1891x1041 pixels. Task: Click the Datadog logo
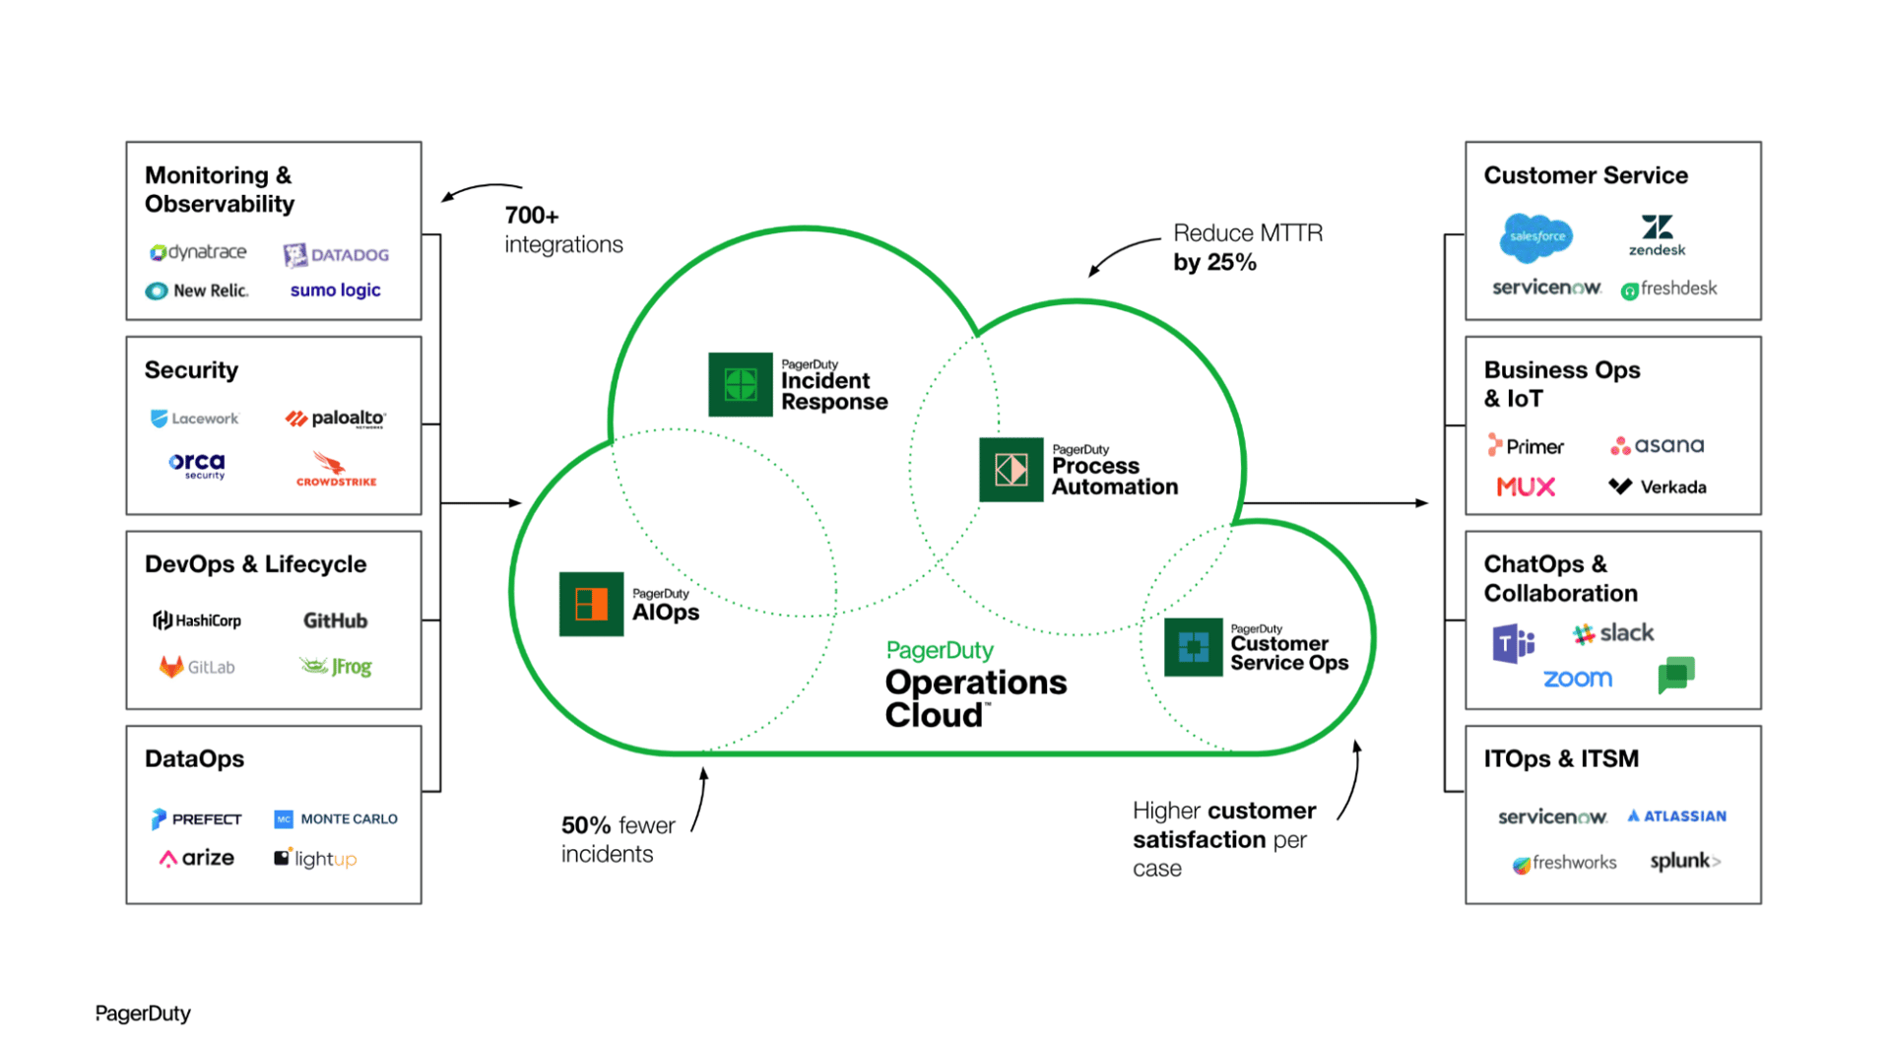[336, 255]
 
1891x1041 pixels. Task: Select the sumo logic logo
[335, 291]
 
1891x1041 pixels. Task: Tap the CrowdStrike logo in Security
[335, 469]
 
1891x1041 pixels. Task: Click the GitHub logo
[335, 620]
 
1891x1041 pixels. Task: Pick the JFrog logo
[336, 667]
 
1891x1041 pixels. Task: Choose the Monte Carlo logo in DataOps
[336, 818]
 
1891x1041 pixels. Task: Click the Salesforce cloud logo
[1535, 237]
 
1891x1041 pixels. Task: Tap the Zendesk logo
[1657, 235]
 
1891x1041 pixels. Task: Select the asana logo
[1657, 445]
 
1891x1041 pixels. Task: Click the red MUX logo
[1525, 487]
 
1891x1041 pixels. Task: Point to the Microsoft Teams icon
[1513, 644]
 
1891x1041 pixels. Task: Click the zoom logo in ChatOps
[1577, 679]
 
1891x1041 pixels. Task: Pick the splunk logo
[1684, 862]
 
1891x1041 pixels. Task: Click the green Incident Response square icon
[740, 384]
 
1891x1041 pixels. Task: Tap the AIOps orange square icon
[591, 604]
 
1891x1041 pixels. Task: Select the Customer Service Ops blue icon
[1193, 647]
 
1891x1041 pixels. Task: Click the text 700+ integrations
[562, 229]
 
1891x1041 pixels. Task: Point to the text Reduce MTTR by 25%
[1247, 247]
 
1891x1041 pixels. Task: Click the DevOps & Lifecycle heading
[255, 564]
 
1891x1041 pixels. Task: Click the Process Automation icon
[1011, 470]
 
